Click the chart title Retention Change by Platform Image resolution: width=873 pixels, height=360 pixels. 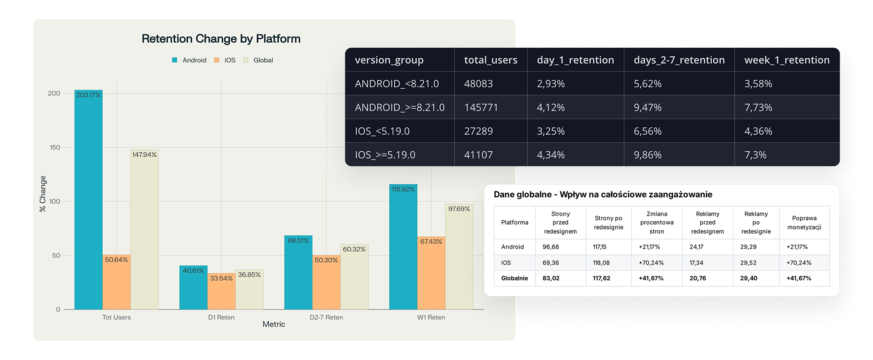pyautogui.click(x=221, y=39)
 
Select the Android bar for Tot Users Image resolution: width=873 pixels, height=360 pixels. pyautogui.click(x=89, y=200)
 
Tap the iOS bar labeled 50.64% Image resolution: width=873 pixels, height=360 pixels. pyautogui.click(x=116, y=282)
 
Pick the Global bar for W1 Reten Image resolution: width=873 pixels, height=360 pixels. pyautogui.click(x=459, y=256)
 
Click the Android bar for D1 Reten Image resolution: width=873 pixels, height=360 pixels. pyautogui.click(x=193, y=287)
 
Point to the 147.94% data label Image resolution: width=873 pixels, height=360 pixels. pyautogui.click(x=145, y=155)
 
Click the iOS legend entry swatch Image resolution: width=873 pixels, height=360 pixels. pyautogui.click(x=216, y=60)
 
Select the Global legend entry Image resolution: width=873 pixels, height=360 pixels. pyautogui.click(x=258, y=60)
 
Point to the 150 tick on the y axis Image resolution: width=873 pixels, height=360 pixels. pyautogui.click(x=55, y=147)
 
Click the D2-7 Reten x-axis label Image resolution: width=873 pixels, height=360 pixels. pyautogui.click(x=326, y=317)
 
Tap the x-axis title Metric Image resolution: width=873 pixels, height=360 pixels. pyautogui.click(x=274, y=324)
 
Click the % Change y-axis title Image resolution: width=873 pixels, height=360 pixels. pyautogui.click(x=43, y=194)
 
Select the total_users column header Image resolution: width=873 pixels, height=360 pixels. pyautogui.click(x=491, y=60)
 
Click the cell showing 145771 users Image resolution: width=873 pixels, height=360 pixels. pyautogui.click(x=481, y=107)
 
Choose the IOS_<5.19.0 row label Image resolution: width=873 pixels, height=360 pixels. pyautogui.click(x=382, y=131)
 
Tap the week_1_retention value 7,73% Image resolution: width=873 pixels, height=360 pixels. pyautogui.click(x=758, y=107)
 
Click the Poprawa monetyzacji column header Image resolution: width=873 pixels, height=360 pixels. pyautogui.click(x=804, y=222)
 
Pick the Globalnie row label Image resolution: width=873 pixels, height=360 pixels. pyautogui.click(x=514, y=278)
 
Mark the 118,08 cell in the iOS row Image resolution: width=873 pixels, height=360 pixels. pyautogui.click(x=601, y=263)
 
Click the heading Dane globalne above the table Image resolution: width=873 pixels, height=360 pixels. pyautogui.click(x=522, y=195)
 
